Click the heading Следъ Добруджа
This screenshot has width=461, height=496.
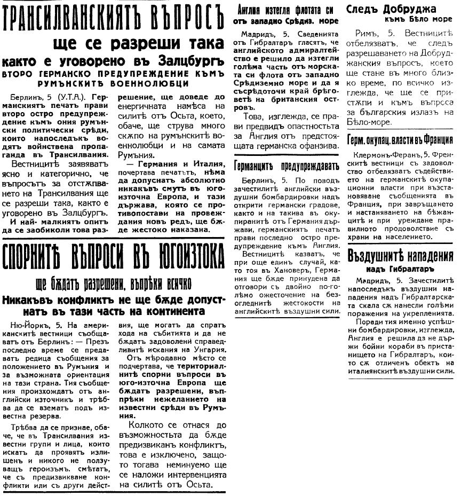pyautogui.click(x=391, y=9)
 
